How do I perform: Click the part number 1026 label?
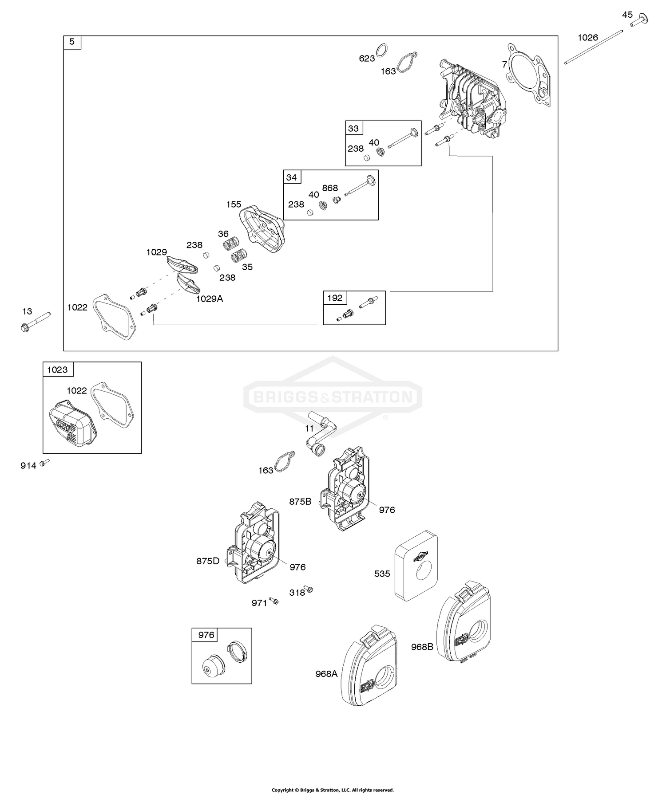tap(587, 38)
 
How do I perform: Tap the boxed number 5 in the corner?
tap(72, 42)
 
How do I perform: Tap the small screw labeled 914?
tap(44, 463)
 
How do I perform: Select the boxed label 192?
tap(335, 298)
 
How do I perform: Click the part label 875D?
tap(208, 561)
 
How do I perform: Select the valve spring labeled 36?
tap(231, 243)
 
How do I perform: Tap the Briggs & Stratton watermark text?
tap(333, 396)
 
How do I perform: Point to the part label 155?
tap(234, 204)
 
